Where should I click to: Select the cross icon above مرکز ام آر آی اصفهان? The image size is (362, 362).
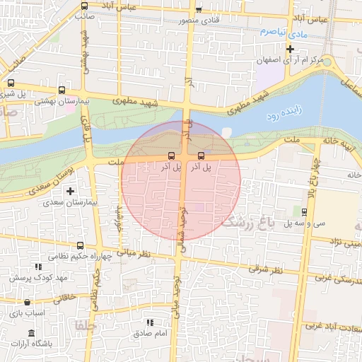[x=290, y=49]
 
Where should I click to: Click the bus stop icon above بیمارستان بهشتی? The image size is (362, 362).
[x=62, y=90]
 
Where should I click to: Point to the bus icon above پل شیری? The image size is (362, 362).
[x=11, y=83]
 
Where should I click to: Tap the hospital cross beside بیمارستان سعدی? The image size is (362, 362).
[x=70, y=190]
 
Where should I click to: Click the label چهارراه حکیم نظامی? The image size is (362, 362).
[x=77, y=256]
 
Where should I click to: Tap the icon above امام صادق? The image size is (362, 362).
[x=149, y=322]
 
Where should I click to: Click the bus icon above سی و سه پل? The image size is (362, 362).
[x=304, y=211]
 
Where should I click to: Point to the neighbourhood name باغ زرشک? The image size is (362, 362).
[x=247, y=223]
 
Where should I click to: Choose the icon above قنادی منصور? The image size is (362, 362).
[x=199, y=10]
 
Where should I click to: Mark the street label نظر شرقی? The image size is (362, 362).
[x=265, y=269]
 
